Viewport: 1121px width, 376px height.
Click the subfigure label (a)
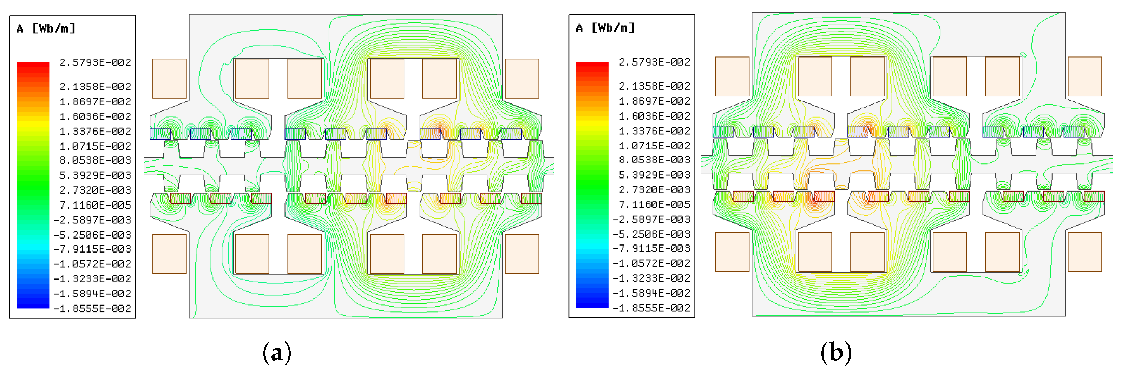click(277, 352)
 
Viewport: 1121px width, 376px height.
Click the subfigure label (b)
click(836, 352)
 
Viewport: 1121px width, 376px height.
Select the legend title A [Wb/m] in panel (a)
click(46, 29)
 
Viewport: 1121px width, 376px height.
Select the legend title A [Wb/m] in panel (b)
click(605, 28)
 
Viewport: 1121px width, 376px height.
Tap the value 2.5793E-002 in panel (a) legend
click(95, 62)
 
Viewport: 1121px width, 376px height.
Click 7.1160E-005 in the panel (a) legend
click(95, 205)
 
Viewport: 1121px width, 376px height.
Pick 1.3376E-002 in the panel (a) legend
click(95, 131)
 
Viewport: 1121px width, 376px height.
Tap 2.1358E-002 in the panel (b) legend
click(655, 86)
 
